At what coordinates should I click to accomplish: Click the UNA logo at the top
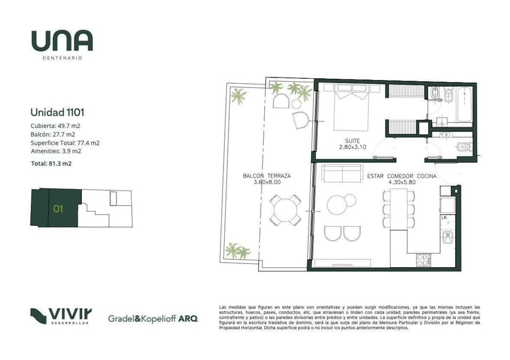[x=62, y=41]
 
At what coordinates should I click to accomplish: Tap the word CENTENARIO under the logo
[x=62, y=58]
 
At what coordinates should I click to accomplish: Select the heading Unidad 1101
[x=57, y=113]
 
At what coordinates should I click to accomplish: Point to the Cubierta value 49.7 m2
[x=69, y=126]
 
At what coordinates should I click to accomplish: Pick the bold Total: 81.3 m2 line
[x=51, y=164]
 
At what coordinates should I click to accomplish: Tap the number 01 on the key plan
[x=59, y=209]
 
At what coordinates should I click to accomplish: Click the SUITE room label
[x=352, y=141]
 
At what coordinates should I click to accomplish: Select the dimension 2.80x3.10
[x=352, y=147]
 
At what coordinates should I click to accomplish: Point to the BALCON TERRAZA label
[x=267, y=176]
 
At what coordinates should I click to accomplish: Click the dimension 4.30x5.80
[x=402, y=182]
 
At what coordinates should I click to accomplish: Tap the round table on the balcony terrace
[x=285, y=210]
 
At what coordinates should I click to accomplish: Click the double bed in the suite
[x=352, y=107]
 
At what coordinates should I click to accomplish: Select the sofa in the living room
[x=342, y=173]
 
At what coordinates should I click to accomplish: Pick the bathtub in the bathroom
[x=464, y=103]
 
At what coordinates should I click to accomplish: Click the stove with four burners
[x=424, y=260]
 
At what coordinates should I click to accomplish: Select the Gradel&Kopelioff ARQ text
[x=153, y=319]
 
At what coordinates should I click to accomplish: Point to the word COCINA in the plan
[x=426, y=176]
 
